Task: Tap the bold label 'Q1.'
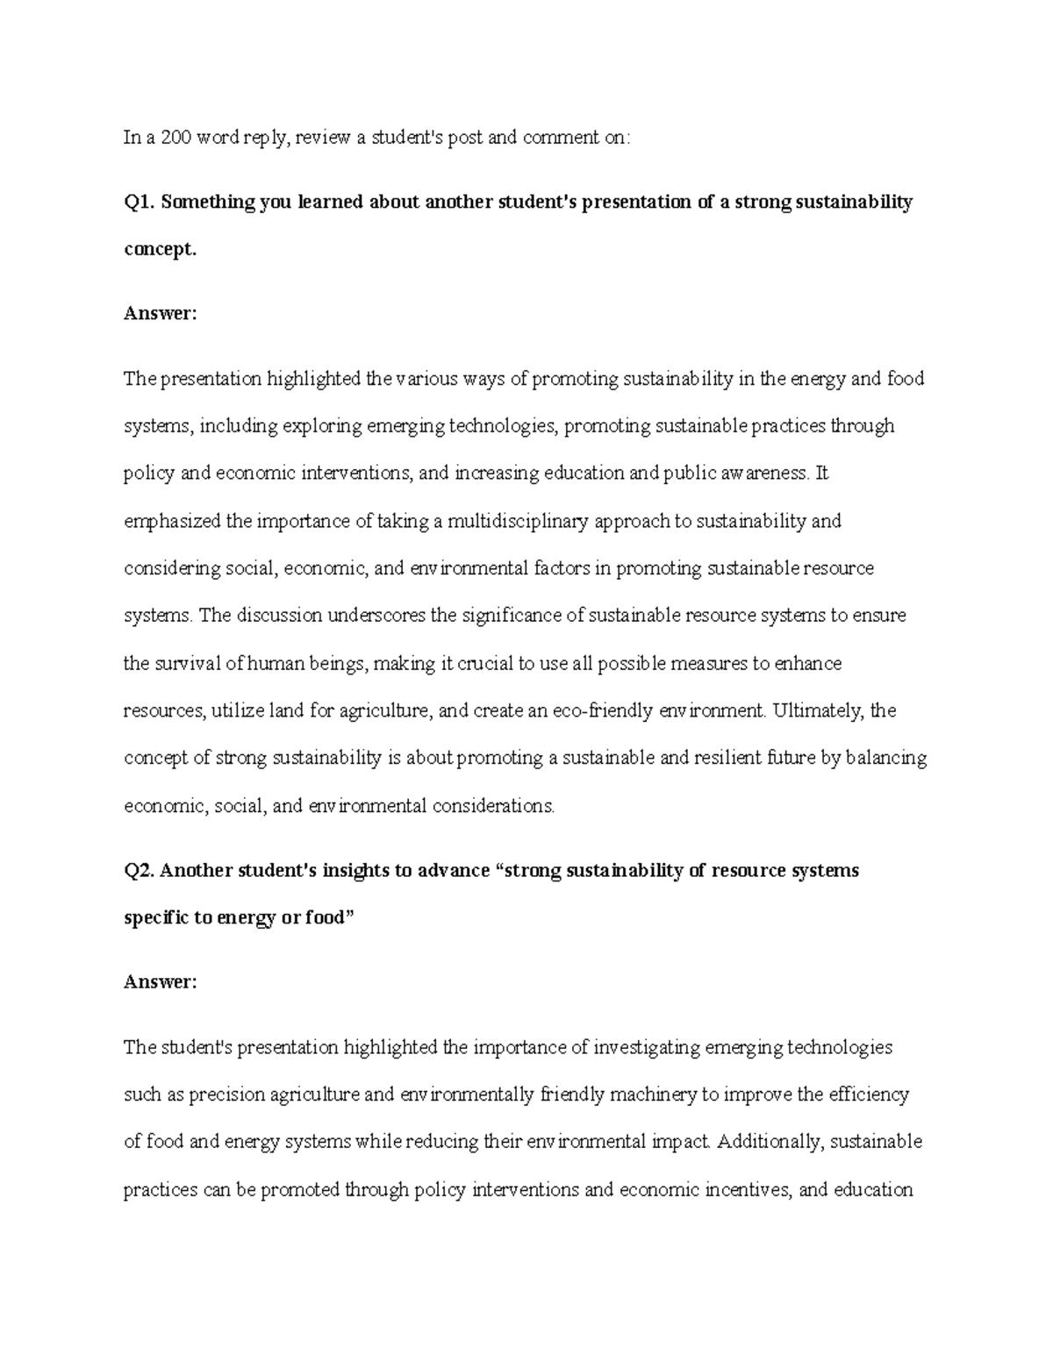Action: coord(140,203)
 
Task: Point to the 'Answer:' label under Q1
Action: coord(161,314)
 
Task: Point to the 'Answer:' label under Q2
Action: coord(161,982)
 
